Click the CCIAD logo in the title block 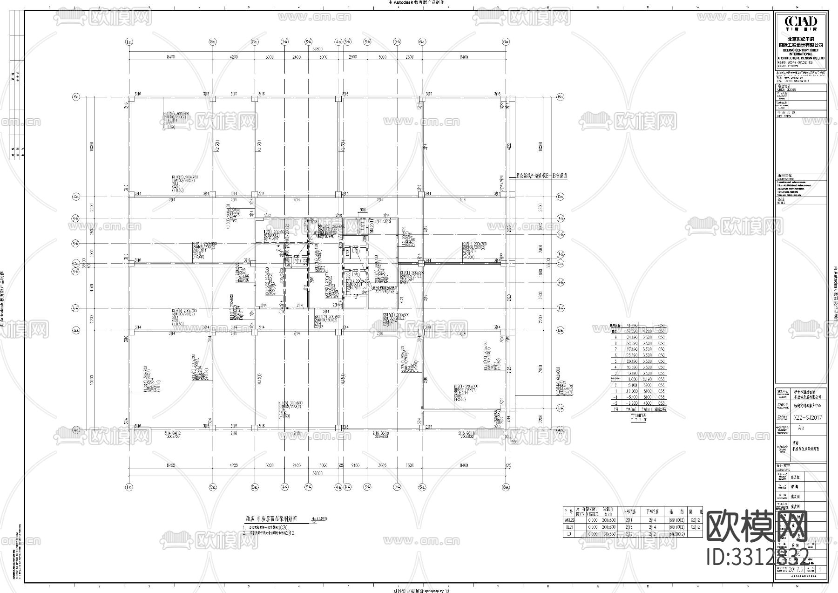coord(801,22)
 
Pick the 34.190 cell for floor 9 coord(632,337)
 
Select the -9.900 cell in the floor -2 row coord(632,403)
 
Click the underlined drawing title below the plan coord(270,518)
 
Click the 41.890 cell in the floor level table coord(632,326)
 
